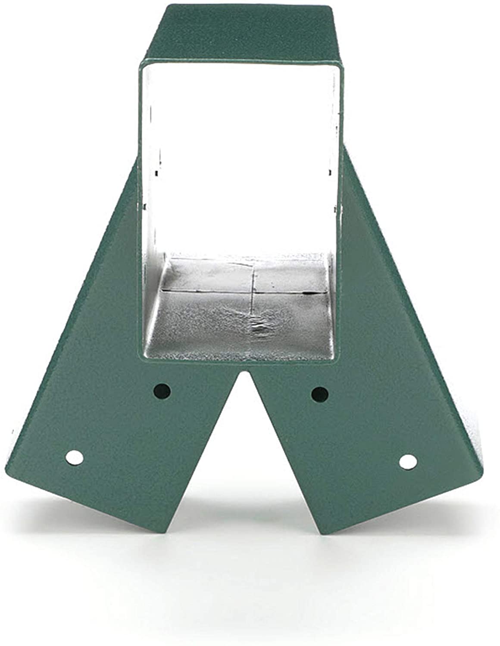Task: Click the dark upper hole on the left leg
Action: [x=162, y=391]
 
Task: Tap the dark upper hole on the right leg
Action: [x=320, y=393]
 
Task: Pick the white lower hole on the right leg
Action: [x=408, y=462]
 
